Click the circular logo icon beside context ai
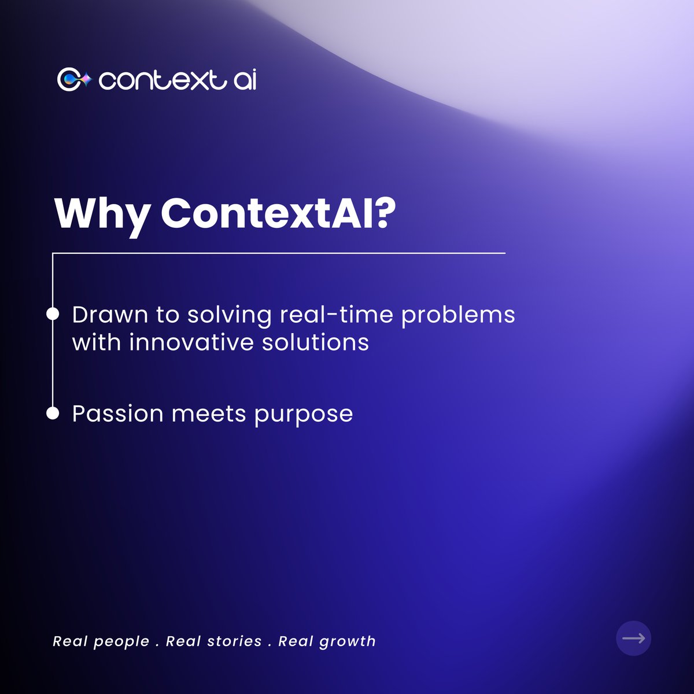pyautogui.click(x=74, y=79)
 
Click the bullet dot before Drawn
pyautogui.click(x=53, y=314)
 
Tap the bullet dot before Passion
pyautogui.click(x=53, y=414)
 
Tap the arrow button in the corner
pyautogui.click(x=634, y=638)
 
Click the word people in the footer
pyautogui.click(x=121, y=641)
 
